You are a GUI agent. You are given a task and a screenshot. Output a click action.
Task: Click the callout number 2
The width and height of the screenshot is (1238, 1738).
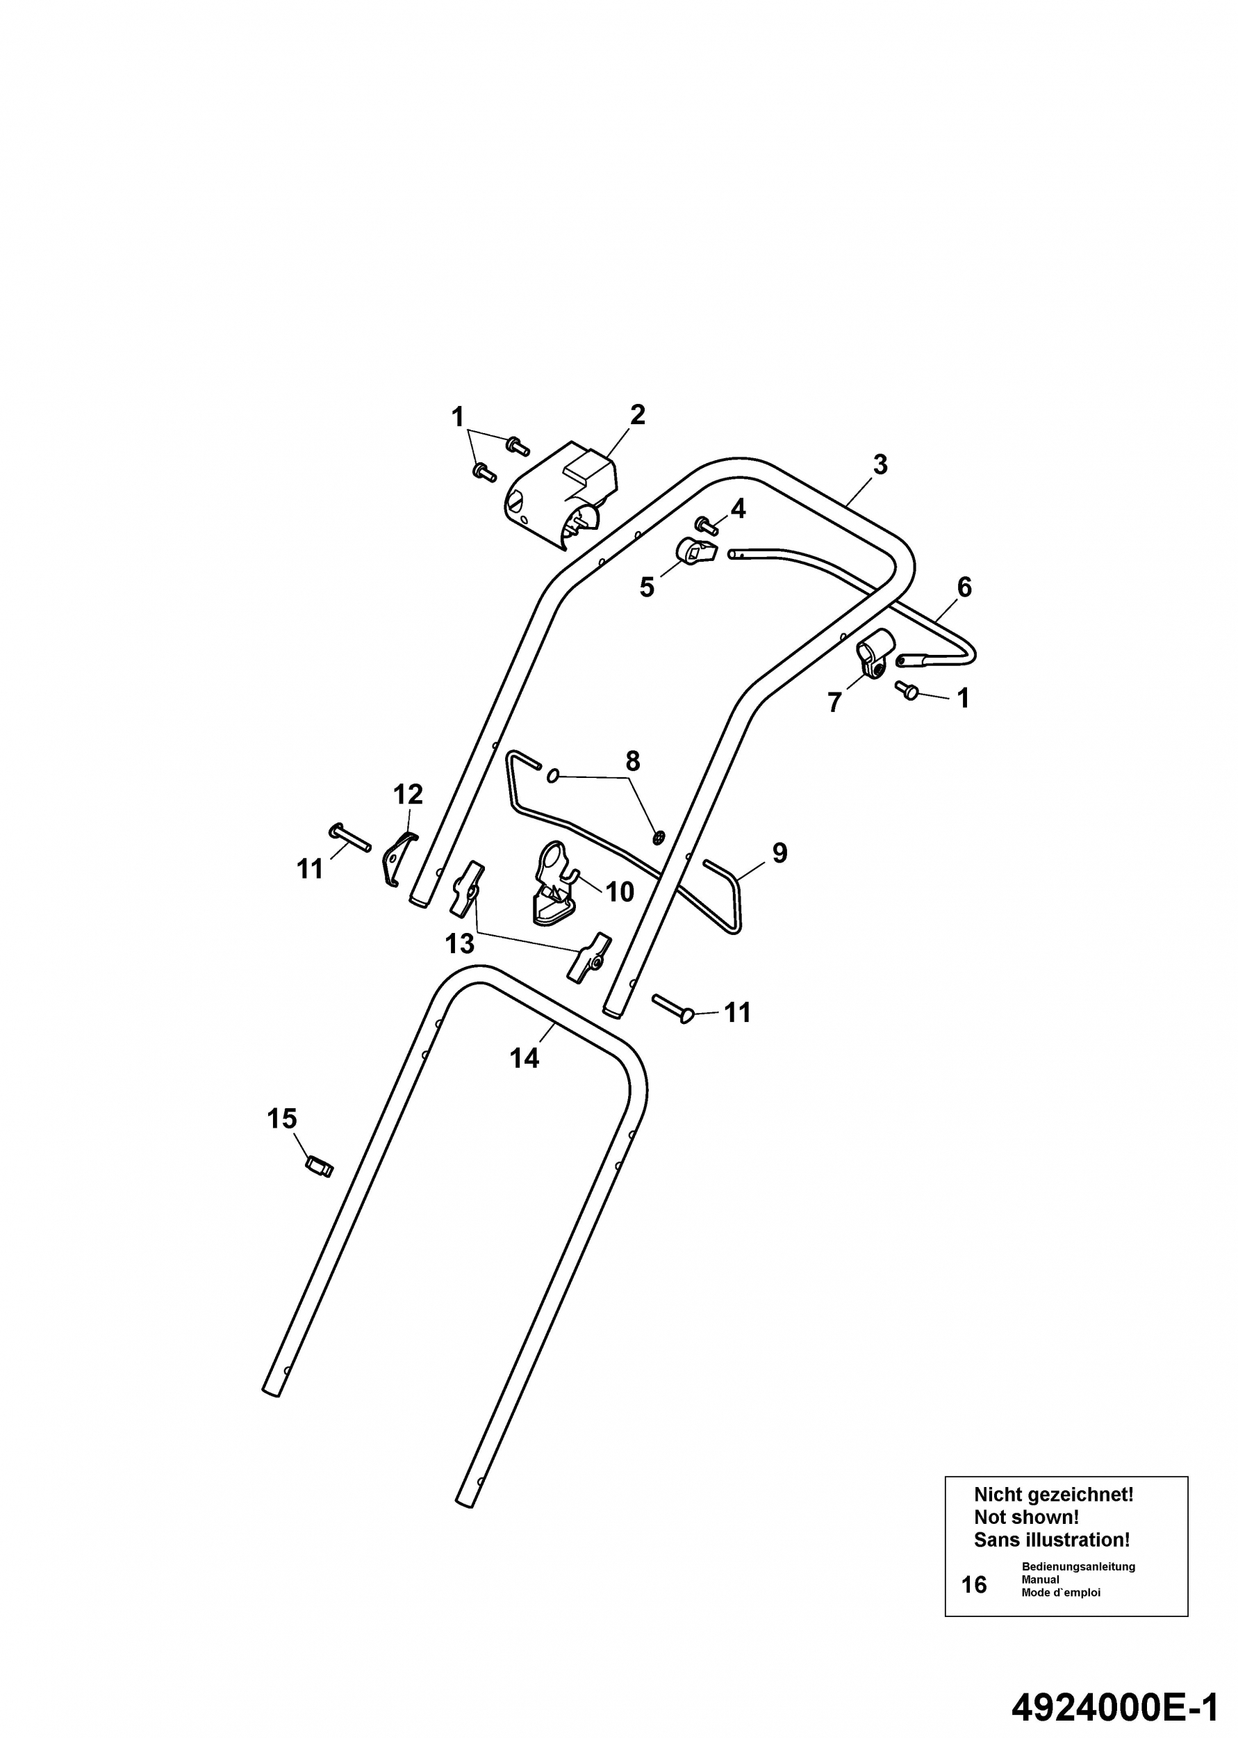point(637,415)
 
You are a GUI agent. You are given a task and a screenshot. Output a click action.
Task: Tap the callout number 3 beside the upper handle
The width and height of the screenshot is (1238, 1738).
point(880,464)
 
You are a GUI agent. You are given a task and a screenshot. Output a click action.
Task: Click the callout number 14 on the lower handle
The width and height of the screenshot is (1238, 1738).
point(525,1058)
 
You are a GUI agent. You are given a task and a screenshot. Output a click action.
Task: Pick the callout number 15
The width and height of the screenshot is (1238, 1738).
point(281,1119)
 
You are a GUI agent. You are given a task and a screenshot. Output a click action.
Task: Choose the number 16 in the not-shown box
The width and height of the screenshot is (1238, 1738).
point(974,1585)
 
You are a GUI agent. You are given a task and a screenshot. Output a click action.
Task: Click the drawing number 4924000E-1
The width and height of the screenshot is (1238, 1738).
point(1115,1686)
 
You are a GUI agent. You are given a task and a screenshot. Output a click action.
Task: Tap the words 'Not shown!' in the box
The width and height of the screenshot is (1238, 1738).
point(1026,1517)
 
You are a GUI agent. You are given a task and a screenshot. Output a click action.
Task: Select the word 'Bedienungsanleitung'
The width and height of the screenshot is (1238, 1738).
point(1079,1566)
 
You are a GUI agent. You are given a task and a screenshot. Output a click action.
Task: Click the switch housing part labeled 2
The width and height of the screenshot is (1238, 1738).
point(562,495)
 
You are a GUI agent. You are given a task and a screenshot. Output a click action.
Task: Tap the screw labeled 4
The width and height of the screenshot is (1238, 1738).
point(707,525)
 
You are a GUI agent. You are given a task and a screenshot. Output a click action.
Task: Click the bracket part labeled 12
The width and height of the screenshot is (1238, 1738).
point(398,859)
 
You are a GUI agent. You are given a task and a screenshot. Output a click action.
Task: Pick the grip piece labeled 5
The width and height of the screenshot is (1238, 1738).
point(697,551)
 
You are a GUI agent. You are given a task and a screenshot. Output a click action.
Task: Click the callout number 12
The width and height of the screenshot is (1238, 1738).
point(408,795)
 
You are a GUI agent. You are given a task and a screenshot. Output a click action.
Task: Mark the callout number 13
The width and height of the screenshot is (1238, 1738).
point(460,944)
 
